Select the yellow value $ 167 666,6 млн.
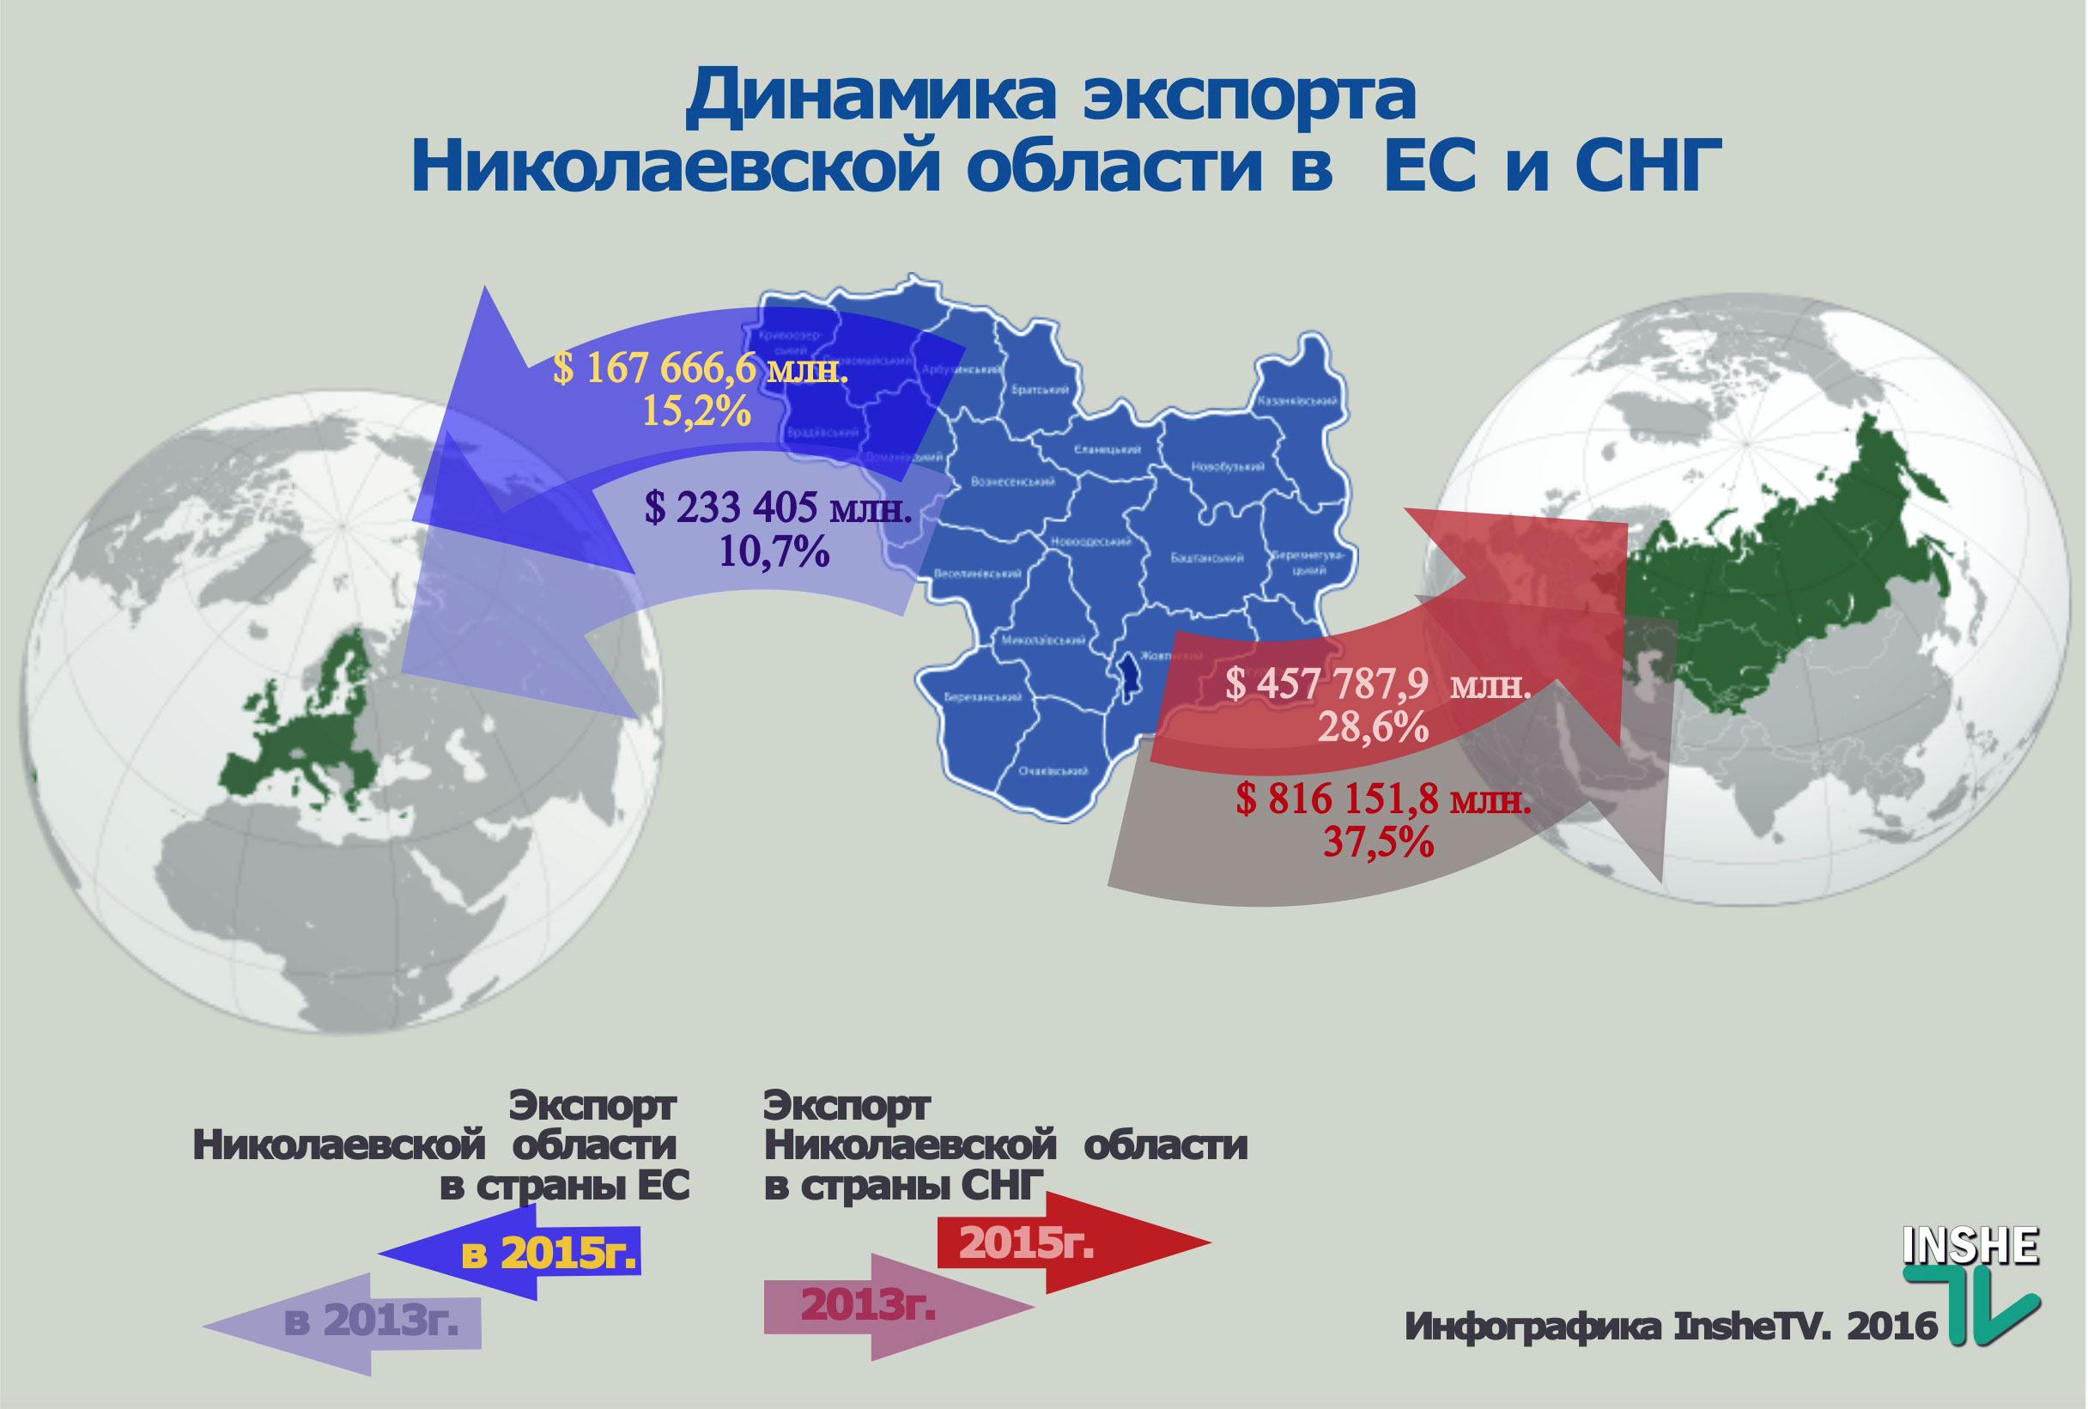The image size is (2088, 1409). tap(700, 368)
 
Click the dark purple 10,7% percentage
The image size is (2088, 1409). tap(774, 551)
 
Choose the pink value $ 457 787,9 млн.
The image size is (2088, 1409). tap(1377, 684)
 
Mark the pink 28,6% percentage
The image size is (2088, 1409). tap(1373, 727)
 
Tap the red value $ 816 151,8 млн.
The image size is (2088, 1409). tap(1383, 799)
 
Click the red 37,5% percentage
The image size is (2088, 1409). tap(1378, 842)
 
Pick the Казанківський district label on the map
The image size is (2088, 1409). tap(1302, 401)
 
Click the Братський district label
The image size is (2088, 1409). tap(1040, 390)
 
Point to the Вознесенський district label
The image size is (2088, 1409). tap(1012, 483)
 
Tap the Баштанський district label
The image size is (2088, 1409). tap(1206, 558)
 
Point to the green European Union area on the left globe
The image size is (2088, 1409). tap(306, 737)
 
